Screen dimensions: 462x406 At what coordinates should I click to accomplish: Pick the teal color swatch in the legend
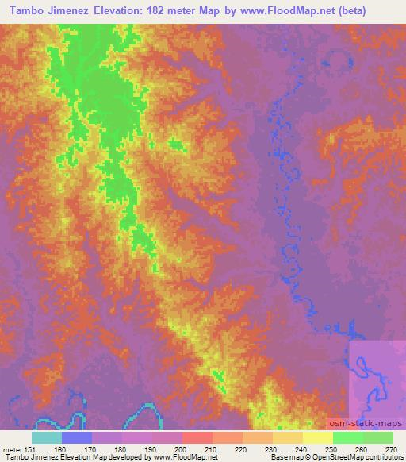47,438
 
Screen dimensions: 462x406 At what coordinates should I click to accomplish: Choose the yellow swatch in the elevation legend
318,438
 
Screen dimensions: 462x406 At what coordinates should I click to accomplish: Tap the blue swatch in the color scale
77,438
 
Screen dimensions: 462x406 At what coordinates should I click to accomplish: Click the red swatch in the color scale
197,438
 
